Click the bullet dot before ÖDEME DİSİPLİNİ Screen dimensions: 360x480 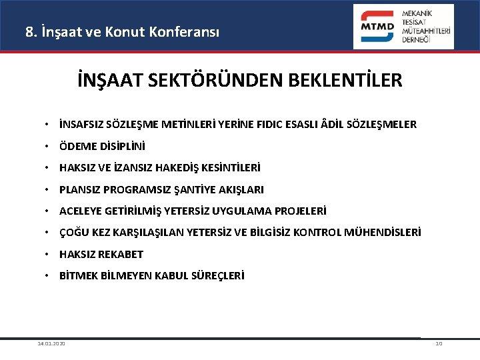[x=49, y=145]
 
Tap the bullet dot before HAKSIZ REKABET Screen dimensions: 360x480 [x=49, y=254]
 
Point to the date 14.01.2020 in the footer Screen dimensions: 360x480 [x=51, y=343]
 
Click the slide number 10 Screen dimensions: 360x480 [x=438, y=343]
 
